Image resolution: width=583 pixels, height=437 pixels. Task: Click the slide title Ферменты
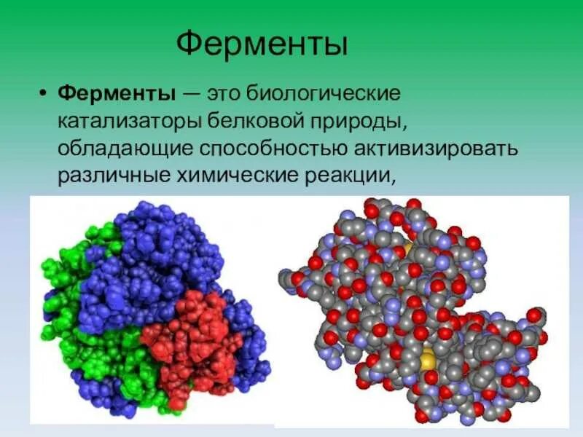pos(262,44)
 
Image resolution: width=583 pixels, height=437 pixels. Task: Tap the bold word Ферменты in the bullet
pos(117,94)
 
